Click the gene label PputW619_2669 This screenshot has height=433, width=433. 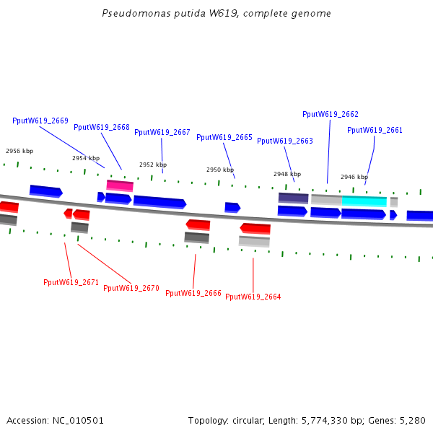40,121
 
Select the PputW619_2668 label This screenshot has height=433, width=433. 102,127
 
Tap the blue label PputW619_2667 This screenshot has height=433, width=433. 162,132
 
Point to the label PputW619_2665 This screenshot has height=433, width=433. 224,137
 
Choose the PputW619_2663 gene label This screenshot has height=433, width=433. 285,141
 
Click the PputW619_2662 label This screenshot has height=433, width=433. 331,114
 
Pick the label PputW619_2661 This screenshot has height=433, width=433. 375,130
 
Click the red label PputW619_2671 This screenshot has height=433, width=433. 71,282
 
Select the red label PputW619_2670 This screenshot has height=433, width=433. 131,288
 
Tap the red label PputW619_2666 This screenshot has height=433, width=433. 193,293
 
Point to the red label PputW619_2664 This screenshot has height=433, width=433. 253,297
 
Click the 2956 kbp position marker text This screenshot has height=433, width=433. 19,151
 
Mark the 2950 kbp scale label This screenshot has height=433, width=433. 220,170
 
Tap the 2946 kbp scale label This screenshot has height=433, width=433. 354,177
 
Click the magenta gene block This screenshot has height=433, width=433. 120,185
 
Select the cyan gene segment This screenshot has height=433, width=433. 364,201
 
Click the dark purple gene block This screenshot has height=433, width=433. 294,198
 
